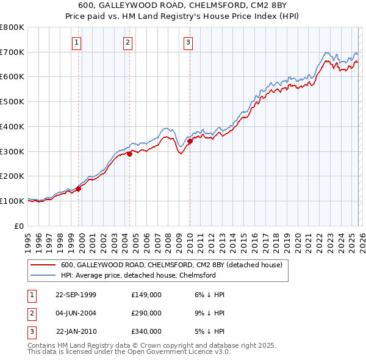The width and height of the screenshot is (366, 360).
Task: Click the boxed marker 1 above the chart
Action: click(x=77, y=42)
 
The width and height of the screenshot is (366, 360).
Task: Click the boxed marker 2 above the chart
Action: click(x=127, y=42)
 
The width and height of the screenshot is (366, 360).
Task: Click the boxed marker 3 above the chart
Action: click(x=188, y=42)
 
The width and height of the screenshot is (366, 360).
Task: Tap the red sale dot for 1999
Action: click(x=79, y=189)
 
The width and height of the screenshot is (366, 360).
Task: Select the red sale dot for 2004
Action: click(x=129, y=154)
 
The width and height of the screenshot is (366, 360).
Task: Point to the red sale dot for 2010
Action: click(x=190, y=141)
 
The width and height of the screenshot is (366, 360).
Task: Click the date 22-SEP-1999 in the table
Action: click(x=76, y=295)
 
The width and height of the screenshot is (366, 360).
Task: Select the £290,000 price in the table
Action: click(x=146, y=313)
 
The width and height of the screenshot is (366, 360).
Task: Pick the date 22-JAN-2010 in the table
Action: click(x=76, y=331)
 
